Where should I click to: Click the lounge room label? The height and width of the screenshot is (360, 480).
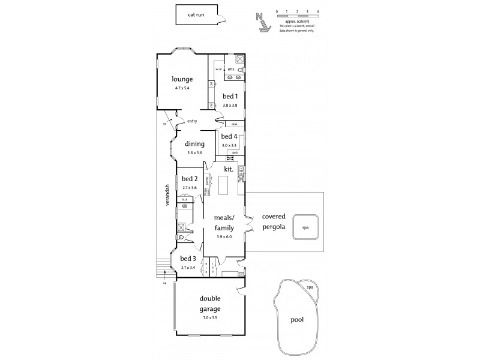182,79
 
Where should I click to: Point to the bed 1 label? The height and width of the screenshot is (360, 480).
230,96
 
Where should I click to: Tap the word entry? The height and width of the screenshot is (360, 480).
192,121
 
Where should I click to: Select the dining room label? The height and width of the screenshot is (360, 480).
194,143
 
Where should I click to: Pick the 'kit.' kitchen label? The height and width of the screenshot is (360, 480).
228,170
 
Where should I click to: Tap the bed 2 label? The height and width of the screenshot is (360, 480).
190,179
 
